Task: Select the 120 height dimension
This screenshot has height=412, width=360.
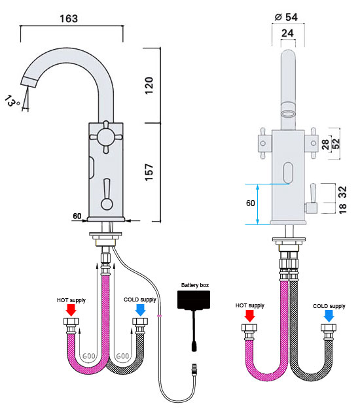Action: [x=149, y=84]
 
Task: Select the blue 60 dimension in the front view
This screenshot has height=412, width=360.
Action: [x=250, y=203]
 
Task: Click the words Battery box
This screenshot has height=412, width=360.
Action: [x=195, y=285]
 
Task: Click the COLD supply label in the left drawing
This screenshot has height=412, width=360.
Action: [x=140, y=300]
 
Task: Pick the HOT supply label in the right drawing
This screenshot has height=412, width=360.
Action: [x=249, y=305]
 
